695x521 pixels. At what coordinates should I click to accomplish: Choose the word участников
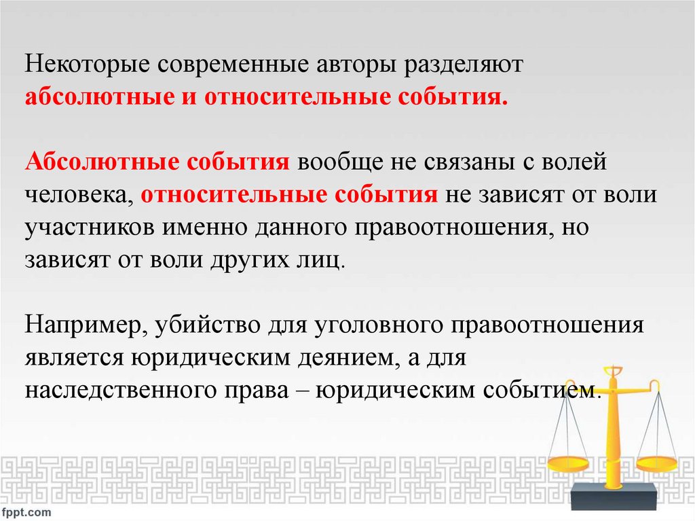[91, 228]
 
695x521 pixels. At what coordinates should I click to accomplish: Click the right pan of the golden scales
[657, 464]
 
